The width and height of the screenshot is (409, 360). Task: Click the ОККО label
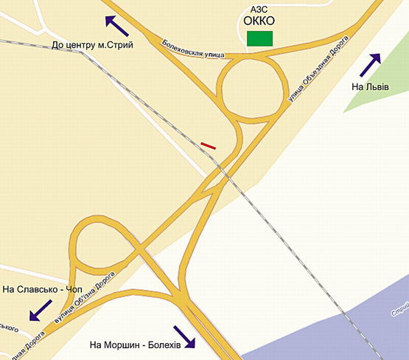coord(259,21)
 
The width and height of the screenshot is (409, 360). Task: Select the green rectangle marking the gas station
coord(259,38)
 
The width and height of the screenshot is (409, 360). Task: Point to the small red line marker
coord(209,146)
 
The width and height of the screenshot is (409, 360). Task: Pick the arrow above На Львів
coord(371,66)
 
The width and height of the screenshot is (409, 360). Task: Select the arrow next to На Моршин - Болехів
coord(185,336)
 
